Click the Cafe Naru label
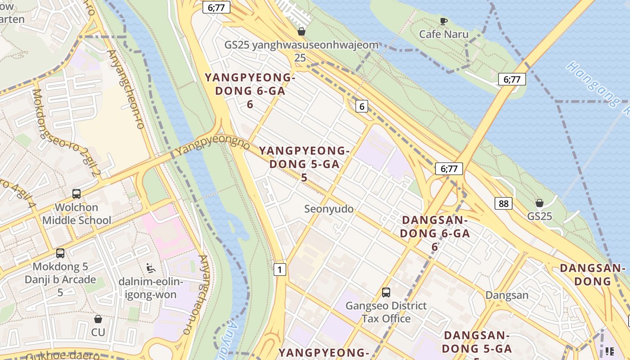(x=444, y=34)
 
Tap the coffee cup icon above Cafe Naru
(x=444, y=21)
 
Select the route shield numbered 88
(x=503, y=203)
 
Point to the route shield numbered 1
(x=279, y=270)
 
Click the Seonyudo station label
(x=329, y=209)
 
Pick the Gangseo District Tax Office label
(x=386, y=312)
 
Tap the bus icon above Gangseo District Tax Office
(x=386, y=292)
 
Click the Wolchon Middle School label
(x=76, y=214)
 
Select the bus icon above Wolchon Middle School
(x=76, y=194)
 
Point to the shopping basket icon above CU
(x=98, y=319)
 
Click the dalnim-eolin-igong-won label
(x=151, y=288)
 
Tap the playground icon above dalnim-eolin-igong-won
(x=151, y=268)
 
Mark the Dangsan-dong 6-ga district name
(x=435, y=233)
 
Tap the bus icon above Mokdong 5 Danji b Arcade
(x=60, y=253)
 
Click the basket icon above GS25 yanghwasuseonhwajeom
(x=301, y=31)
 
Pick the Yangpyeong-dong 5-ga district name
(x=304, y=164)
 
